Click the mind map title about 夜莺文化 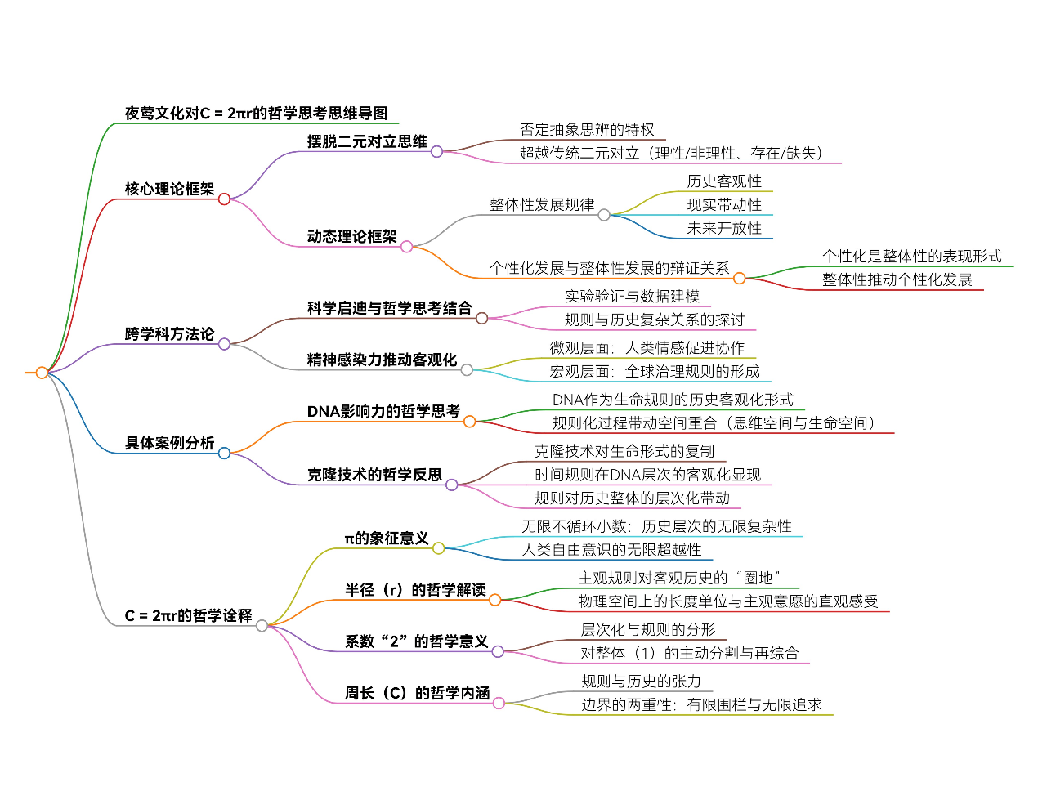click(x=256, y=114)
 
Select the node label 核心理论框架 click(x=169, y=189)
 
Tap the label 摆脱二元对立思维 click(x=367, y=141)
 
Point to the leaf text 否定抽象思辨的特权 click(x=587, y=130)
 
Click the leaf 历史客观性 click(x=724, y=181)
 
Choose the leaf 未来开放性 click(x=724, y=229)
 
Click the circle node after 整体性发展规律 click(x=604, y=215)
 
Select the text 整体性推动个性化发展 click(x=897, y=280)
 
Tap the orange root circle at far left click(x=42, y=373)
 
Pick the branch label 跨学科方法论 click(x=169, y=334)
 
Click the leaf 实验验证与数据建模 click(x=632, y=297)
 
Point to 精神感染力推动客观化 click(x=382, y=360)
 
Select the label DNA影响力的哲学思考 click(x=383, y=412)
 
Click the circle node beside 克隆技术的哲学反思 click(x=452, y=485)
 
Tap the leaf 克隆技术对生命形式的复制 click(x=624, y=451)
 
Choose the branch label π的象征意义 click(x=387, y=539)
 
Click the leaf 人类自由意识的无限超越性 click(x=611, y=550)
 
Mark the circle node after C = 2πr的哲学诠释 click(x=262, y=626)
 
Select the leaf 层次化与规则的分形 click(x=648, y=630)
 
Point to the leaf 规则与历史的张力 click(x=641, y=682)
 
